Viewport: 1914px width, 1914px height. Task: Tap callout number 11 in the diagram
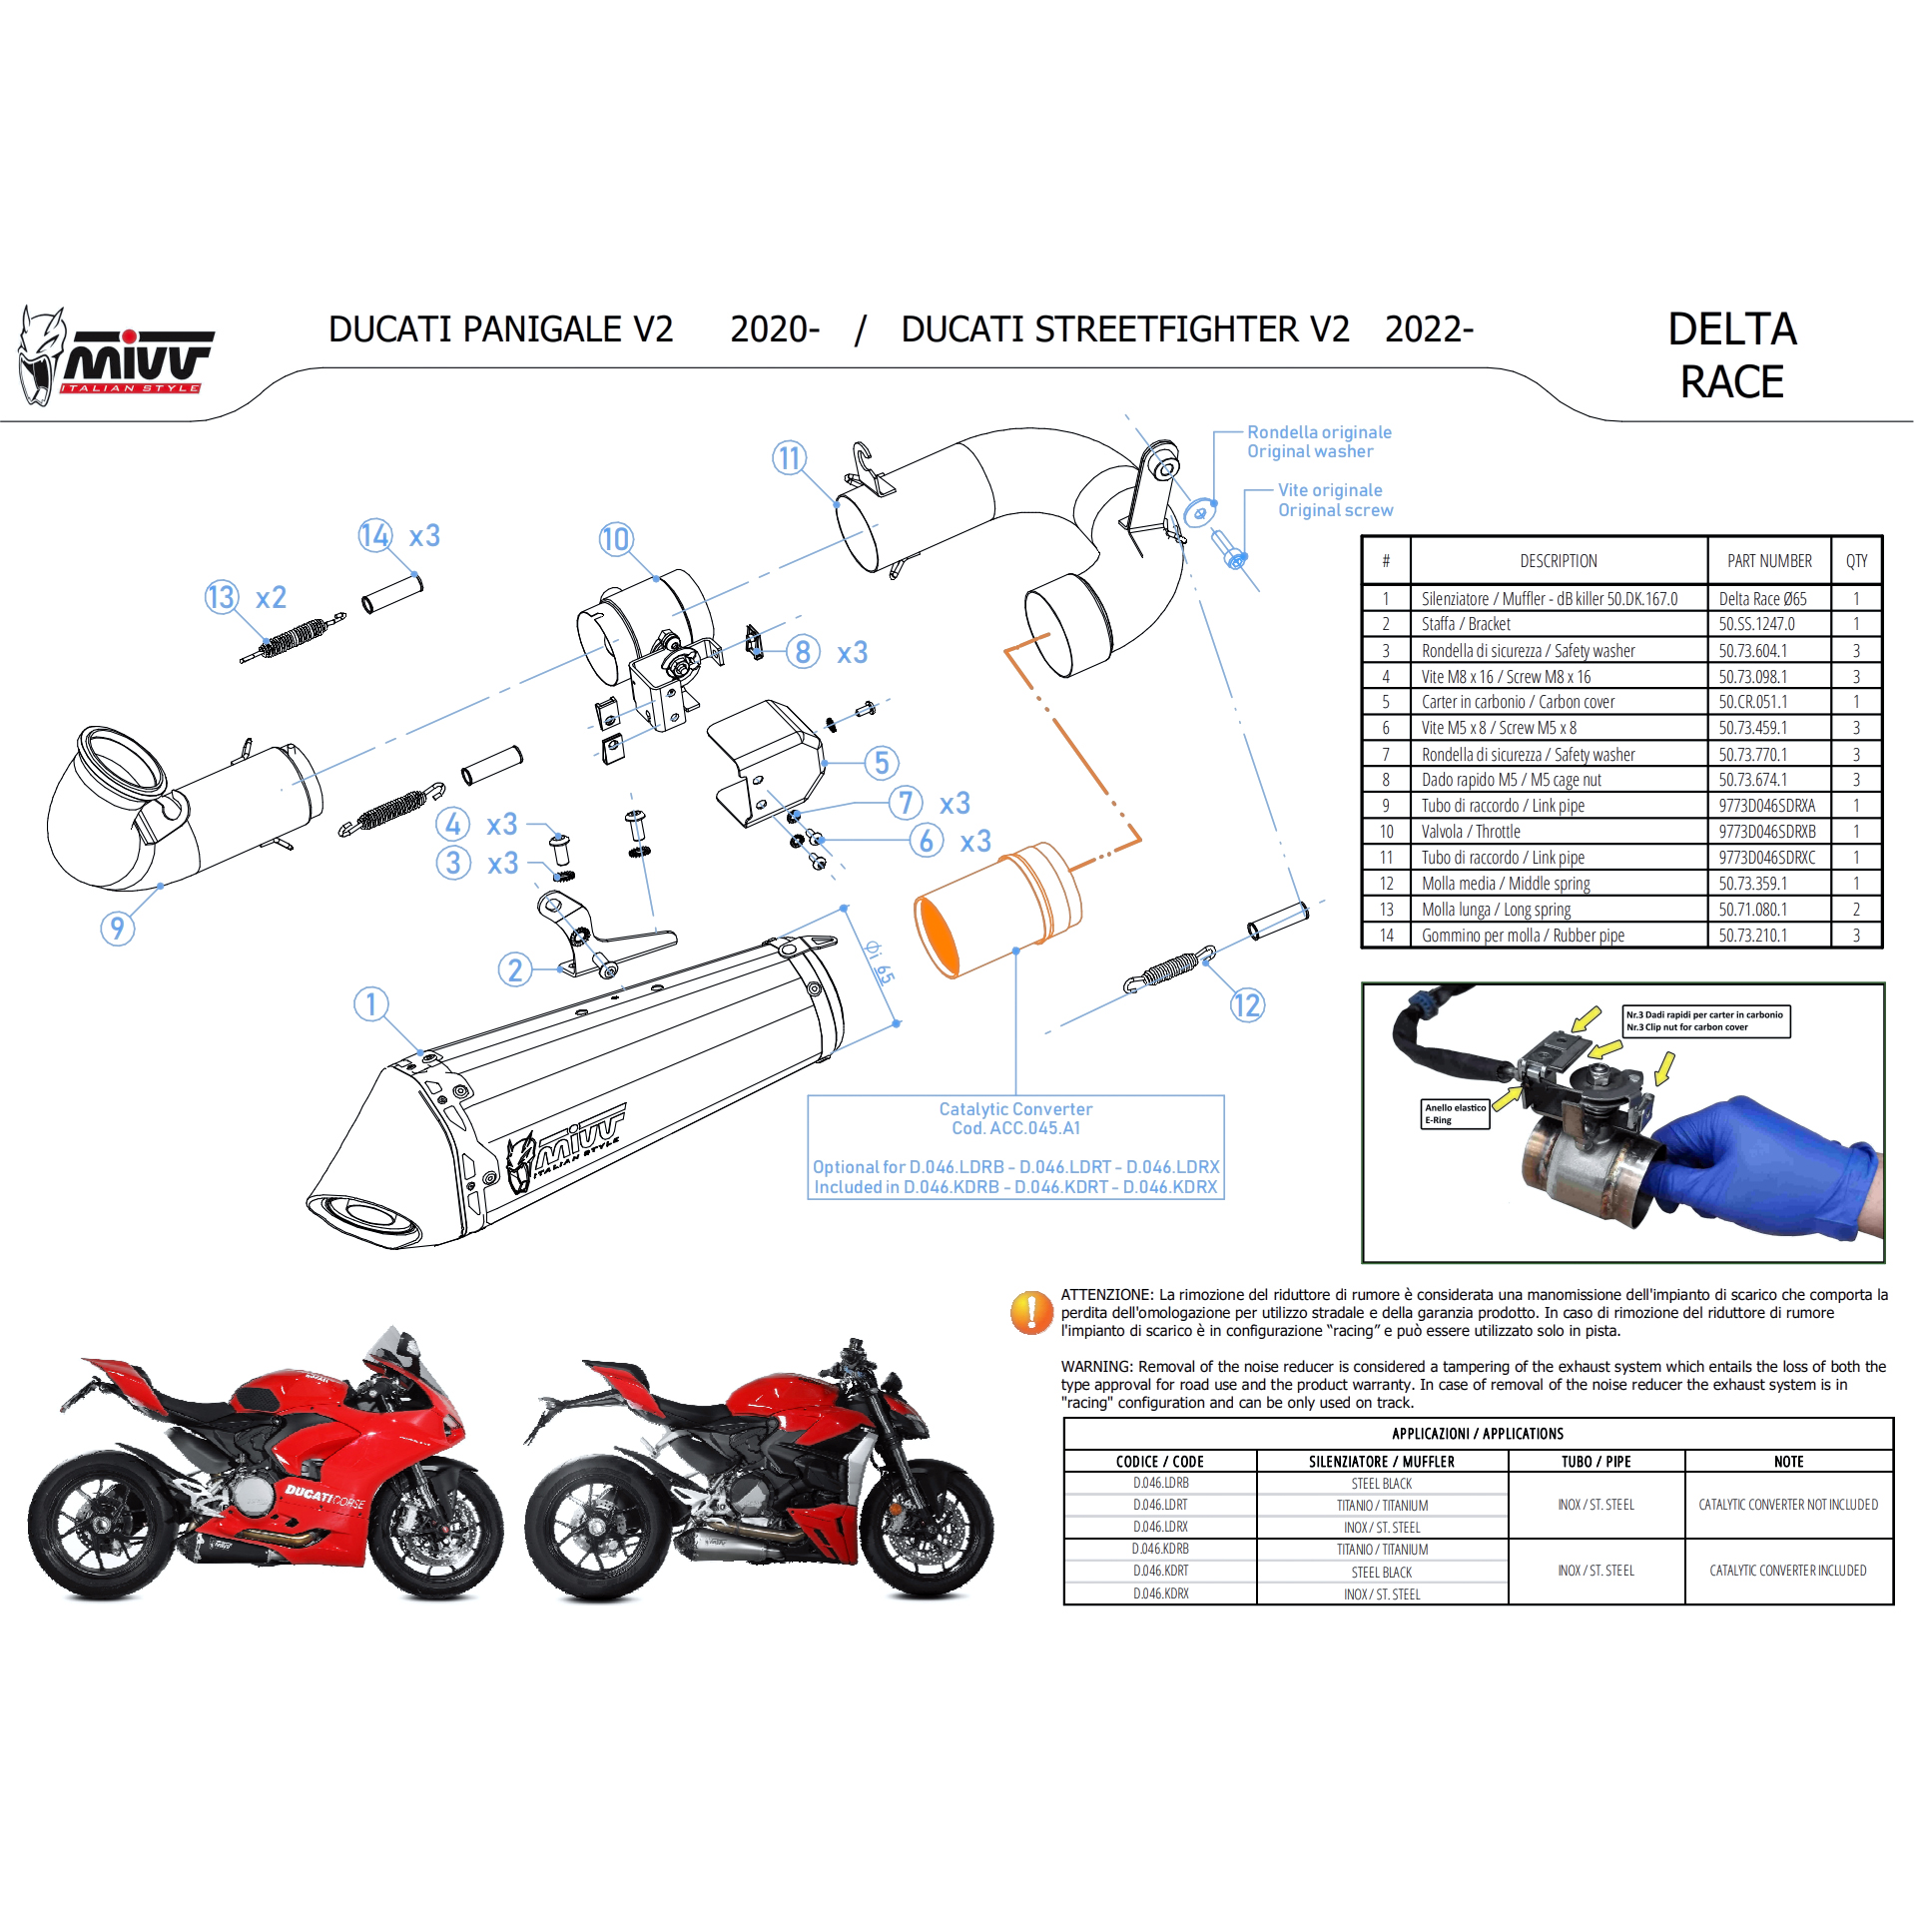point(789,457)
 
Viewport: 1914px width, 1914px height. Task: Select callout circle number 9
point(118,929)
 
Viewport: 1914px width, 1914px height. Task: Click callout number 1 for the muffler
point(371,1003)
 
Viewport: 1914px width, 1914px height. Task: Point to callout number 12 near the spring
point(1247,1004)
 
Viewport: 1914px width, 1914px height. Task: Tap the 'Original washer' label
point(1310,451)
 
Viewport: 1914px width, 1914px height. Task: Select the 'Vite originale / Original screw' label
point(1335,500)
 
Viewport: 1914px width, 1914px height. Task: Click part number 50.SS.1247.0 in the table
point(1756,624)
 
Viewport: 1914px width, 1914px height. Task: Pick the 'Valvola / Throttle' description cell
point(1471,832)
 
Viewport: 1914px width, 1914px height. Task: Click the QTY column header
point(1856,561)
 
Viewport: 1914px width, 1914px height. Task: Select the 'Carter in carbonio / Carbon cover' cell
point(1518,702)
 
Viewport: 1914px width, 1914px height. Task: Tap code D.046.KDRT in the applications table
point(1160,1571)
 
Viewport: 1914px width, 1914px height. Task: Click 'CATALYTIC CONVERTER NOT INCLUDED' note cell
point(1788,1505)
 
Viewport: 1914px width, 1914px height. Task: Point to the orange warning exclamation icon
point(1030,1312)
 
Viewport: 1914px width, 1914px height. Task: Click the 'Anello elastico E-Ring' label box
point(1455,1114)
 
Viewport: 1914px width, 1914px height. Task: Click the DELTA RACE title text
point(1732,355)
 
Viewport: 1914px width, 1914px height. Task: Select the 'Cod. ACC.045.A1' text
point(1015,1128)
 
